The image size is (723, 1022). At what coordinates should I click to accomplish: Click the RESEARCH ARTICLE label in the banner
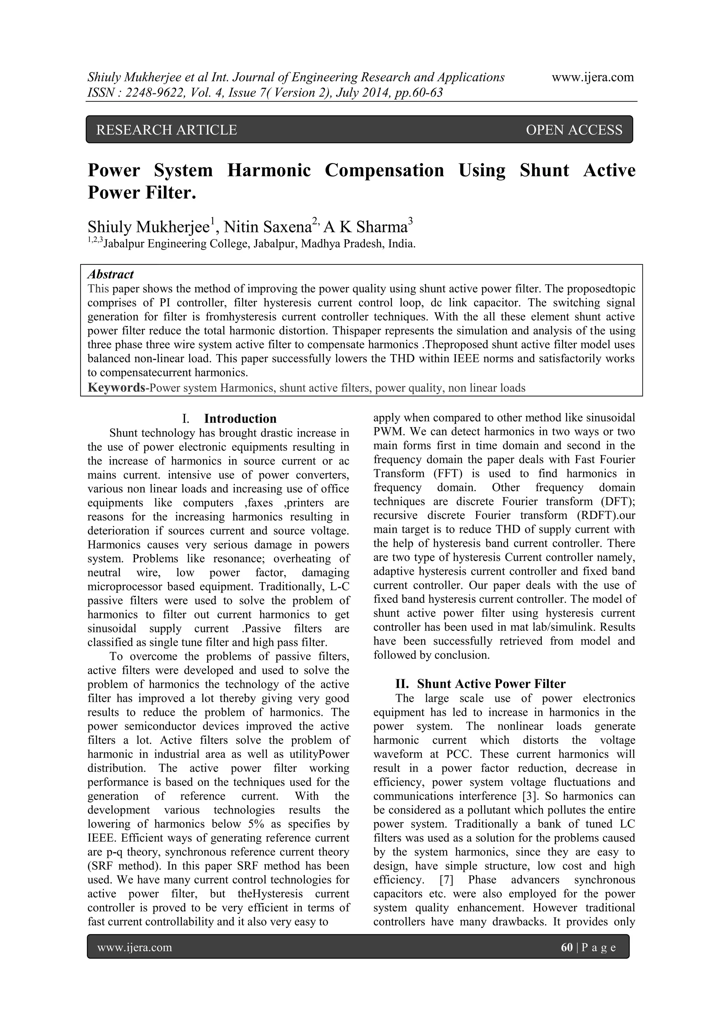167,130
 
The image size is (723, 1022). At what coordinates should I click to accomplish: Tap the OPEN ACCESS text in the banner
574,130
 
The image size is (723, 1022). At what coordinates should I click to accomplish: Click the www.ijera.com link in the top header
593,77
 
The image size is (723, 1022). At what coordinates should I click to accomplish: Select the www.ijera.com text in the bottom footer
135,947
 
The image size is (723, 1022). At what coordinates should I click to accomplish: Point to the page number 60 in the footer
567,947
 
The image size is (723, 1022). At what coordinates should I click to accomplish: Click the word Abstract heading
110,274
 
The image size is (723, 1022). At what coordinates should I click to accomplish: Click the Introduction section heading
240,418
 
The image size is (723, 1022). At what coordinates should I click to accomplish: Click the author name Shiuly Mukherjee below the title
148,227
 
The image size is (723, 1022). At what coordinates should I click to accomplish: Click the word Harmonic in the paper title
269,171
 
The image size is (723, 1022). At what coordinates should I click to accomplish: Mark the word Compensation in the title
384,171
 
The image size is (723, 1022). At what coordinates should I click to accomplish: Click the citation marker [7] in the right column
447,880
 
